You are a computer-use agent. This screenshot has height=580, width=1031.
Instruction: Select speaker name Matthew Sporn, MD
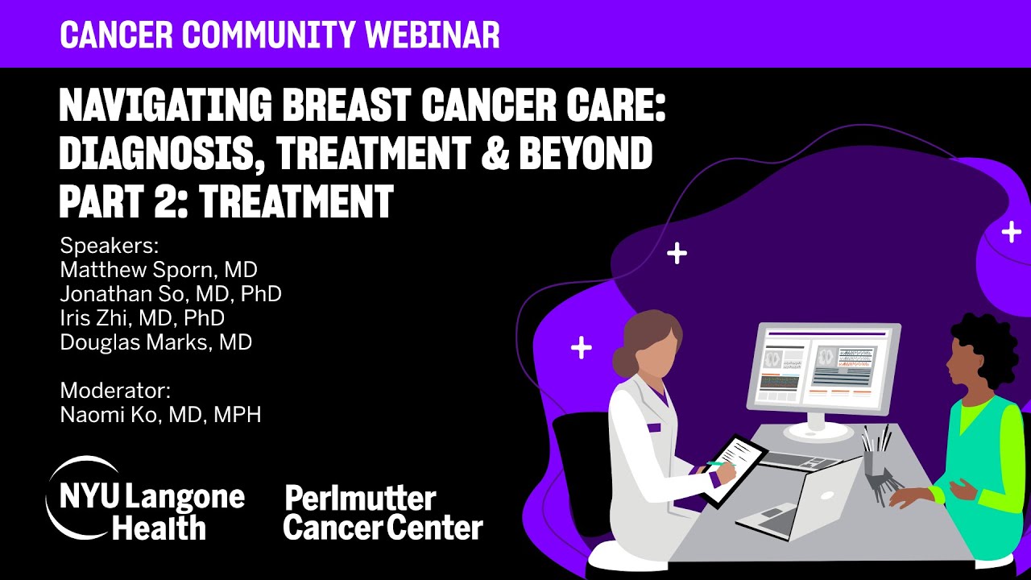tap(159, 270)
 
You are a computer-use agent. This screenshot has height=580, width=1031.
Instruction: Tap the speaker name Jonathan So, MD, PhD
tap(171, 294)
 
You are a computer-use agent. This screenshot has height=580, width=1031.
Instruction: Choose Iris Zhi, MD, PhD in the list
tap(142, 318)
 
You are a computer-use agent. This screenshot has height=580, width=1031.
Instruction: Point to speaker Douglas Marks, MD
tap(156, 342)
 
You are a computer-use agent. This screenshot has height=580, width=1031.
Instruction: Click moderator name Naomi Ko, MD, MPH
tap(160, 415)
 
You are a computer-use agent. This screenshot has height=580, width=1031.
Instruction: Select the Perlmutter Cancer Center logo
tap(383, 513)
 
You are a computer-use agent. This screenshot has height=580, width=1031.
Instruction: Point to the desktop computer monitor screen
tap(822, 367)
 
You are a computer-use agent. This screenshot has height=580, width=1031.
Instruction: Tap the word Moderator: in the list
tap(115, 391)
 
